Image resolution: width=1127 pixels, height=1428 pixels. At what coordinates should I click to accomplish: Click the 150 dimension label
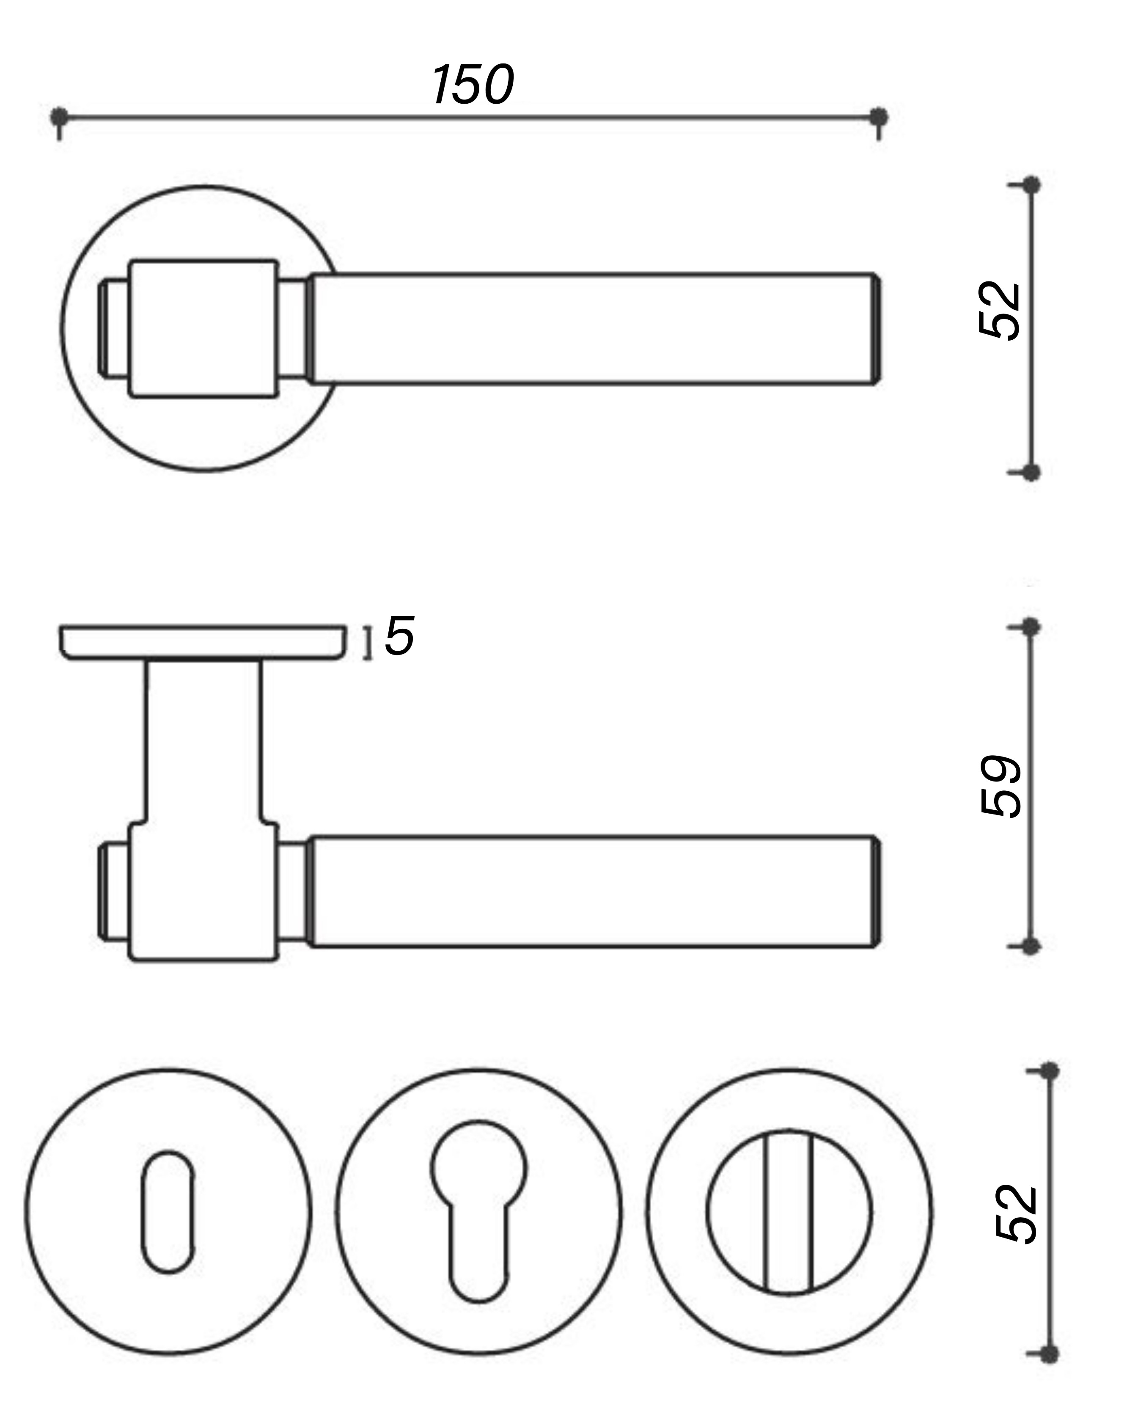(x=473, y=85)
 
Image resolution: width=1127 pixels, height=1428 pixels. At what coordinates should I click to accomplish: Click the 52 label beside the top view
(x=1001, y=311)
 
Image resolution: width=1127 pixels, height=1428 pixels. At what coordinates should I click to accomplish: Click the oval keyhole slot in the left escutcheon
(x=168, y=1212)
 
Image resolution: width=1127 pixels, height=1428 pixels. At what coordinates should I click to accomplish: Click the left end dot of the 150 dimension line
(x=59, y=118)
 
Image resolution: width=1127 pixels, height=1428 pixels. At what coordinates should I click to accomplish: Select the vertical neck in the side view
(x=203, y=741)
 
